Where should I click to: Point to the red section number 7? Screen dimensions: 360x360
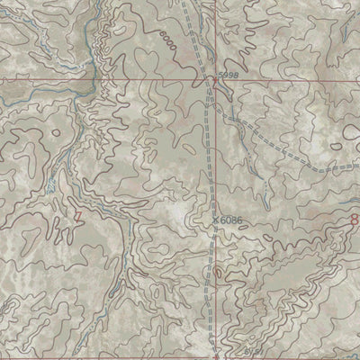(78, 216)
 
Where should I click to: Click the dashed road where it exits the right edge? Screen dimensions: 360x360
(357, 164)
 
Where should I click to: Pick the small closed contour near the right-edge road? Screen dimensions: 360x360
(336, 144)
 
